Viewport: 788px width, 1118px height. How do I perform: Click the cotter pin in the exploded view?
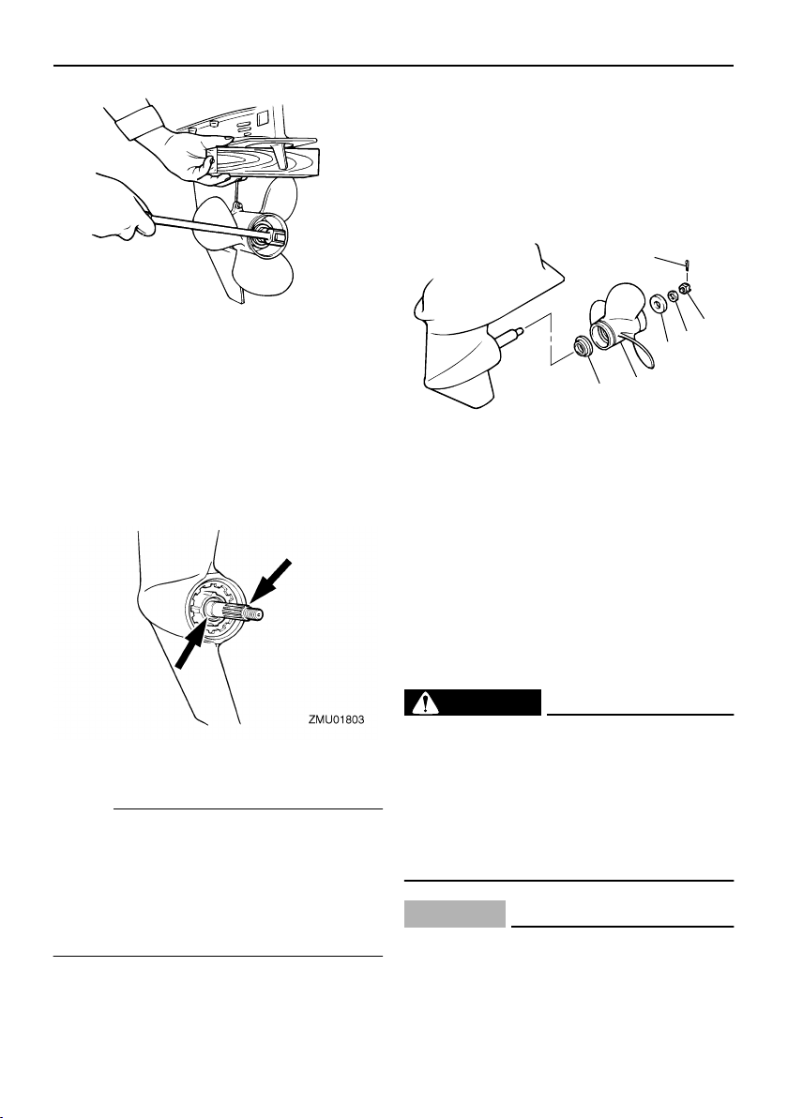(686, 266)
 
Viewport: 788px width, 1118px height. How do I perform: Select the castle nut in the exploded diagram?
(684, 290)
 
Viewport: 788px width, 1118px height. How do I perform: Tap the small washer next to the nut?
(672, 295)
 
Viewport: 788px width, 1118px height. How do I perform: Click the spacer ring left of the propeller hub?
(583, 347)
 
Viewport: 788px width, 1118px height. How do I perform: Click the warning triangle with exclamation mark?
(426, 703)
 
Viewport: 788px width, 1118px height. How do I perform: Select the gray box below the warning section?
(455, 914)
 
